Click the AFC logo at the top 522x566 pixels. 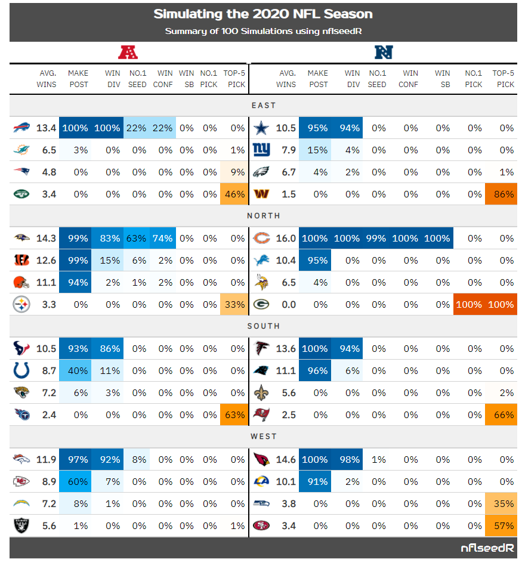pos(128,52)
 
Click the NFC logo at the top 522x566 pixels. pos(383,52)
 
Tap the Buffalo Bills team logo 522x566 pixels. pos(21,128)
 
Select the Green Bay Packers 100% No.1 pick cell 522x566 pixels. pos(469,305)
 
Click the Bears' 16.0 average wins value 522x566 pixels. pos(286,239)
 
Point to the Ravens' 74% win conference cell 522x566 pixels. pos(163,239)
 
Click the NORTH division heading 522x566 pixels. pos(263,216)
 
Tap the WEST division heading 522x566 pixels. pos(263,437)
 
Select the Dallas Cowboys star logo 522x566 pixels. pos(261,128)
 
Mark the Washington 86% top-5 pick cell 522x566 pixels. pos(501,194)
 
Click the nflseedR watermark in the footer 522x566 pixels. pos(487,548)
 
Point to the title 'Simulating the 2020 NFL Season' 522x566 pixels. pos(263,14)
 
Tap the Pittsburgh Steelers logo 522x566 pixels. pos(21,305)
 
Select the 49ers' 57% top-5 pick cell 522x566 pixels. pos(501,525)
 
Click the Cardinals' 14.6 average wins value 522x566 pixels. pos(286,459)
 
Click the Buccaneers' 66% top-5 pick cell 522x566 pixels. pos(501,415)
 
